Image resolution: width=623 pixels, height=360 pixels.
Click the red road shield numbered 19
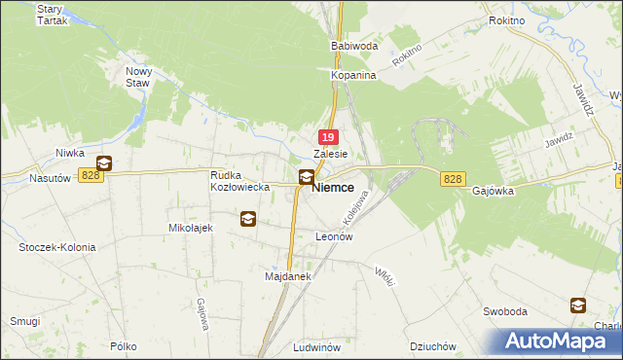pyautogui.click(x=329, y=139)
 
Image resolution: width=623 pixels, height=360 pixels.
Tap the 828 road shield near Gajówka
pyautogui.click(x=452, y=180)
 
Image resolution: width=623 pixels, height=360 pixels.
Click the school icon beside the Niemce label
pyautogui.click(x=306, y=177)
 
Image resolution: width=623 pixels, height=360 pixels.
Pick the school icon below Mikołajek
pyautogui.click(x=248, y=220)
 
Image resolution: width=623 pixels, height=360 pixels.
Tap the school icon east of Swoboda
pyautogui.click(x=578, y=305)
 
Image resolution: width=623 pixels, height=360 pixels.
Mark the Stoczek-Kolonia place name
pyautogui.click(x=57, y=247)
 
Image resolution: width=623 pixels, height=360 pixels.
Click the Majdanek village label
pyautogui.click(x=287, y=276)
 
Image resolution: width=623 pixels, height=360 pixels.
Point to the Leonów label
pyautogui.click(x=333, y=236)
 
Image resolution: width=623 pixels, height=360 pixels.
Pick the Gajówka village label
pyautogui.click(x=493, y=192)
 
